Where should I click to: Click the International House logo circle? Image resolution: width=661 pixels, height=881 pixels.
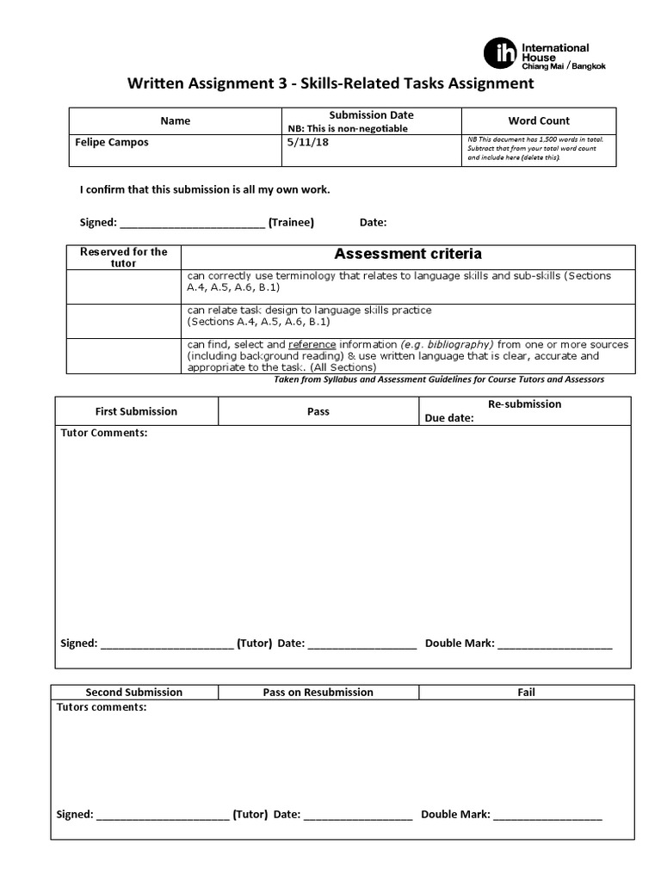[499, 54]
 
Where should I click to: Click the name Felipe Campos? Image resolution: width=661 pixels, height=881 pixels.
[112, 143]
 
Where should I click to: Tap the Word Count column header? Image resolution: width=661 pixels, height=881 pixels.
[539, 121]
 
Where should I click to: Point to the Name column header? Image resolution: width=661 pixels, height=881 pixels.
[176, 121]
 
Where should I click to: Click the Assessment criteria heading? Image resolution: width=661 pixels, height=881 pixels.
[408, 254]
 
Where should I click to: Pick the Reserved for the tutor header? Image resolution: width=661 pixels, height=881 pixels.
[124, 257]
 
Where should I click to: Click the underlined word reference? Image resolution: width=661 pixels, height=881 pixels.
[312, 344]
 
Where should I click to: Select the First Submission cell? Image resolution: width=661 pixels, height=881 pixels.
[136, 411]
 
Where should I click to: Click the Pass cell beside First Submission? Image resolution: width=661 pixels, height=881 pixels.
[318, 411]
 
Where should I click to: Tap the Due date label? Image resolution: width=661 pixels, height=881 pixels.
[449, 419]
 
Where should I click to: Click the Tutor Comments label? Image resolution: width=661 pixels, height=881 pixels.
[104, 433]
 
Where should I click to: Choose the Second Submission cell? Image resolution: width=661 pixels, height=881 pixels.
[134, 692]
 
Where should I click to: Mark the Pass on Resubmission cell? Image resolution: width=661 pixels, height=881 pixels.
[318, 692]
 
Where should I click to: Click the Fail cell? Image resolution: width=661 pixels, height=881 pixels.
[527, 692]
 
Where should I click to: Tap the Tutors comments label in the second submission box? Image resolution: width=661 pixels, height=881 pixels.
[102, 707]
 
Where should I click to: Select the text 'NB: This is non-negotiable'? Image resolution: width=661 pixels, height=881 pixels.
[348, 129]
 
